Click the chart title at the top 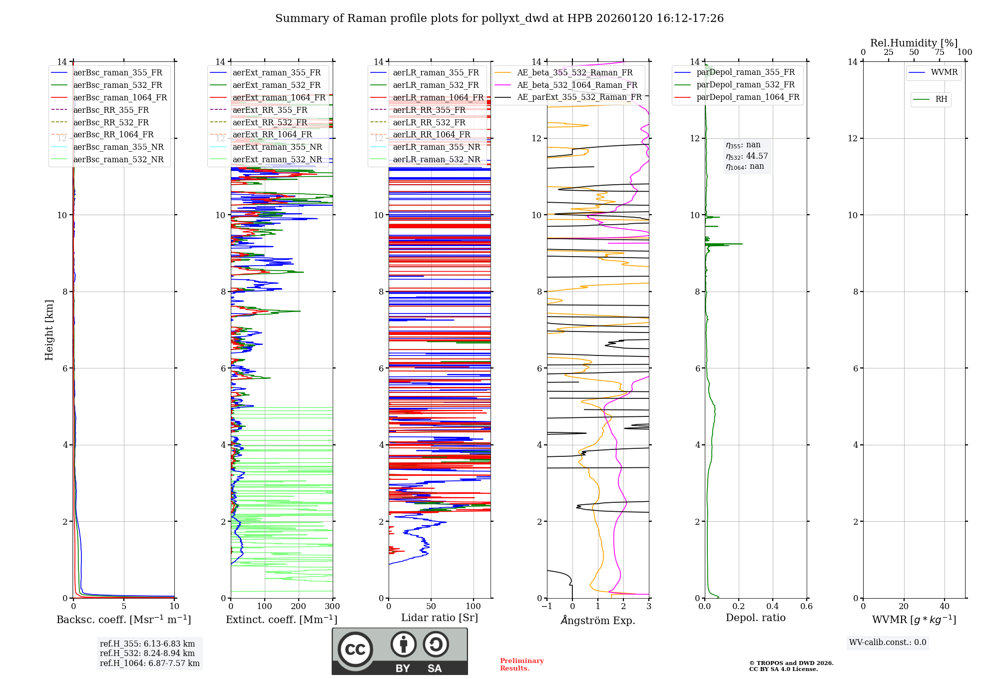coord(499,18)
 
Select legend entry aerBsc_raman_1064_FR coord(109,97)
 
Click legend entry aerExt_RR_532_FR coord(259,122)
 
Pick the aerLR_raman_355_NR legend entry coord(425,147)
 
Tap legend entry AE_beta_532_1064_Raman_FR coord(566,85)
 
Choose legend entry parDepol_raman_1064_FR coord(737,97)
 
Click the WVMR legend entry coord(933,72)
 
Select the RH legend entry coord(930,99)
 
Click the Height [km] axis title coord(49,330)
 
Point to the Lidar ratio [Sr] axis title coord(440,618)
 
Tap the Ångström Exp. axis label coord(598,620)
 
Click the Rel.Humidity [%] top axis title coord(914,43)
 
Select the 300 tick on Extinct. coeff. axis coord(333,606)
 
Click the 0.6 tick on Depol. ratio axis coord(807,606)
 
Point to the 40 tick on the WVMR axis coord(945,606)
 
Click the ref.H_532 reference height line coord(147,653)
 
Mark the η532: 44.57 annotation coord(747,156)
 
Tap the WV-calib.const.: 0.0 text coord(888,643)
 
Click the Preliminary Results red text coord(522,665)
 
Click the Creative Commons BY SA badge coord(400,651)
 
